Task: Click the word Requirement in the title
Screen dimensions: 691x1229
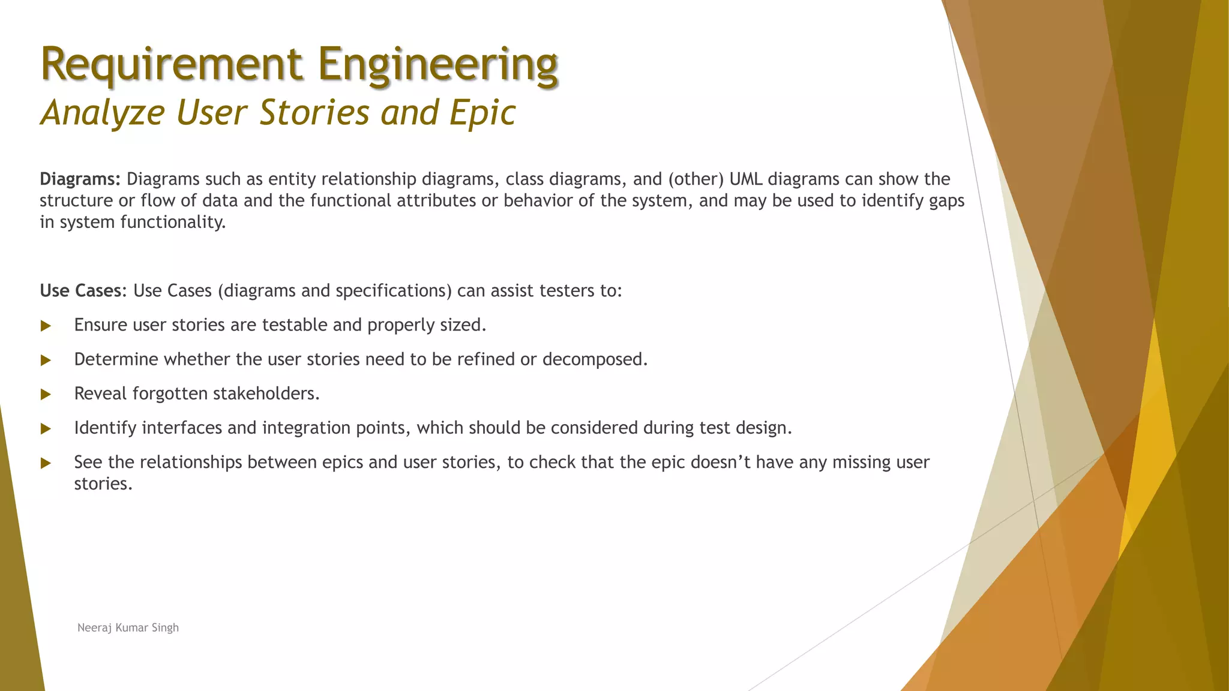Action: [x=171, y=65]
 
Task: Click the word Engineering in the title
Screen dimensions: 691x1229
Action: [x=438, y=65]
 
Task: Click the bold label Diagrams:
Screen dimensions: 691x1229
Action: [x=80, y=179]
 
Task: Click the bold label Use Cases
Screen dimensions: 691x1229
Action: [x=81, y=291]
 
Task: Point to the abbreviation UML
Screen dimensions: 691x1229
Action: [x=746, y=179]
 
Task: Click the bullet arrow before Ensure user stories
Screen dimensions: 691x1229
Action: [x=46, y=326]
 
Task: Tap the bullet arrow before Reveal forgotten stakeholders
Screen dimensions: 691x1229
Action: [x=46, y=394]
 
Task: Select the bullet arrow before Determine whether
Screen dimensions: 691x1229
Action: [x=46, y=360]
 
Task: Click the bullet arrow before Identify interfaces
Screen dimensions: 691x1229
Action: [x=46, y=428]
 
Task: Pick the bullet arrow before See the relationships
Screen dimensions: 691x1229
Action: [x=46, y=463]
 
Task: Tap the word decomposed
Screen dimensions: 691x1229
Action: [x=594, y=359]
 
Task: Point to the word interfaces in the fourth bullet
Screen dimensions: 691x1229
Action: [x=182, y=428]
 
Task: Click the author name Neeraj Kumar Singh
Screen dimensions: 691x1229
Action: [x=128, y=627]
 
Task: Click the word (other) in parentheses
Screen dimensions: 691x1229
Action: [x=696, y=179]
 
